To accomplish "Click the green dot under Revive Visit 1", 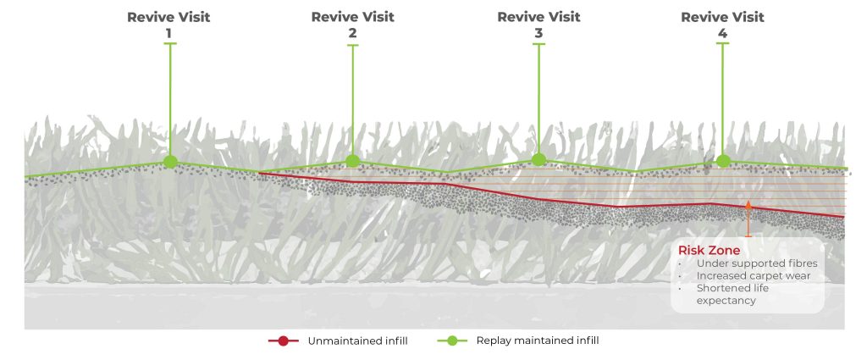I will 170,161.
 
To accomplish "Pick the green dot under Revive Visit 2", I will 353,160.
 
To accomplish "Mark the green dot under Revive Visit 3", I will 538,159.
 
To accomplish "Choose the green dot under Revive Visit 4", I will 722,160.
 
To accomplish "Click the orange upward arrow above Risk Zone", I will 748,218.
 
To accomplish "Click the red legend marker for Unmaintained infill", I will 284,341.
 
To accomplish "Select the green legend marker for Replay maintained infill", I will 452,341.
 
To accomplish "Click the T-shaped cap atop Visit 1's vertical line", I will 170,44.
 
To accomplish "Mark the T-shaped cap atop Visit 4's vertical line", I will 722,44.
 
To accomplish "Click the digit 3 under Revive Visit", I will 538,34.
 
